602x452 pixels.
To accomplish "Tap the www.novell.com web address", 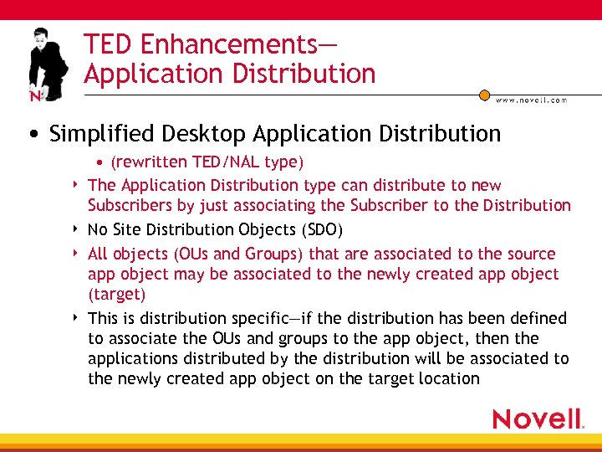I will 531,100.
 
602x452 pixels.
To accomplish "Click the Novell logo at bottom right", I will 538,419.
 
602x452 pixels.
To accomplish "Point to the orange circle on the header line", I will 484,95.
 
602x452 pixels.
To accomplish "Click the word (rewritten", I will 148,161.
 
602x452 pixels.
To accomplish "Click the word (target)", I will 117,294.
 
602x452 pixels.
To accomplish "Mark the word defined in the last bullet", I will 536,318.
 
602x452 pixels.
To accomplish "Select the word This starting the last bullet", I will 103,318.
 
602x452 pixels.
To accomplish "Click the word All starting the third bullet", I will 98,254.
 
